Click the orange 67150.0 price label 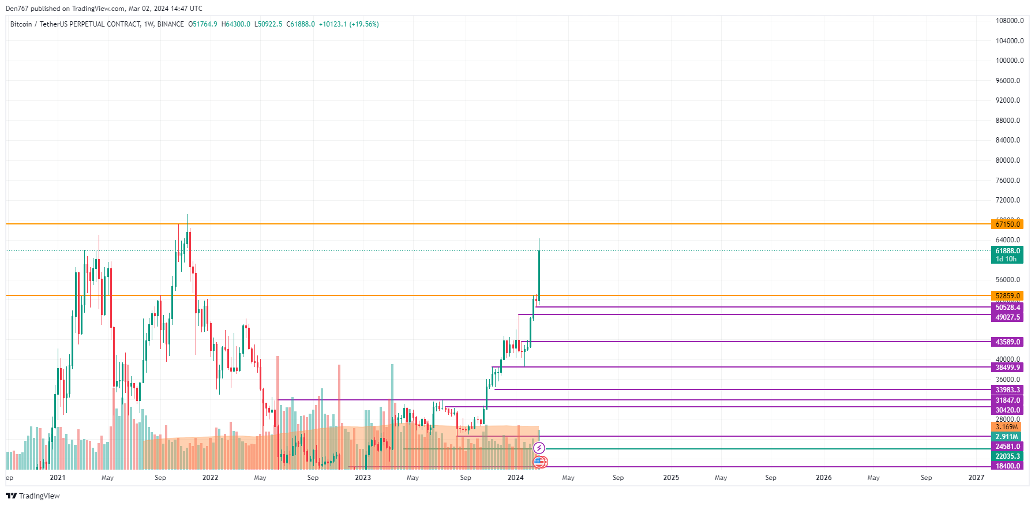[x=1007, y=224]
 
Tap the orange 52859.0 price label [x=1007, y=296]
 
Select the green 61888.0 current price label [x=1007, y=251]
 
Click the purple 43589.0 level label [x=1007, y=342]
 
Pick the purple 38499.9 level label [x=1007, y=368]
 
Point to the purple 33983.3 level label [x=1007, y=390]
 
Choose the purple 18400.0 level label [x=1007, y=466]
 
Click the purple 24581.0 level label [x=1007, y=447]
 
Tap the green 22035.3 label [x=1007, y=456]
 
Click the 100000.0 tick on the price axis [x=1009, y=61]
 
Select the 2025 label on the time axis [x=671, y=478]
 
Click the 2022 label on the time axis [x=210, y=478]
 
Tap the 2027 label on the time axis [x=976, y=478]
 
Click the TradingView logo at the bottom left [x=33, y=496]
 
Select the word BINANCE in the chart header [x=171, y=24]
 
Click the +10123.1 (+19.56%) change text [x=348, y=24]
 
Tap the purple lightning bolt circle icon [x=539, y=448]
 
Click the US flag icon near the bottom [x=539, y=462]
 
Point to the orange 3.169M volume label [x=1006, y=427]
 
